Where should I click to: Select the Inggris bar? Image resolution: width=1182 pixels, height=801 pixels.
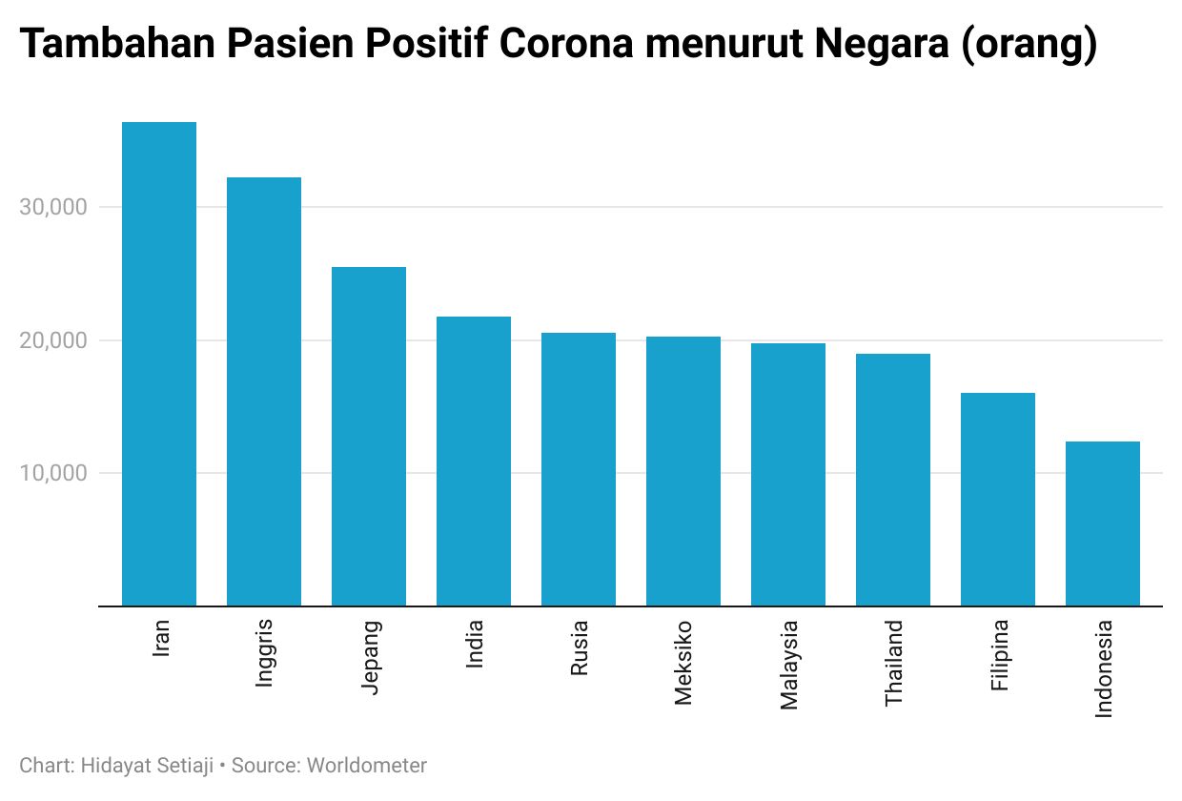tap(264, 392)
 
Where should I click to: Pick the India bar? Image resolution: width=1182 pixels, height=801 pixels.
tap(474, 462)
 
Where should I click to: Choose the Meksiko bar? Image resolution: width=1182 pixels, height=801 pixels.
tap(683, 471)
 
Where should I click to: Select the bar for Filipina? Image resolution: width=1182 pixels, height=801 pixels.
tap(998, 500)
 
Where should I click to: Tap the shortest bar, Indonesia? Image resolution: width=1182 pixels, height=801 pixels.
tap(1103, 524)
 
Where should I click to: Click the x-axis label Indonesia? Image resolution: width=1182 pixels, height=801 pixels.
tap(1104, 668)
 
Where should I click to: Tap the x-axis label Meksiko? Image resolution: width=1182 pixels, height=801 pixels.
tap(683, 663)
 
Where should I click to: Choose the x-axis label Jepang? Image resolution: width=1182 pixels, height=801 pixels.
tap(370, 658)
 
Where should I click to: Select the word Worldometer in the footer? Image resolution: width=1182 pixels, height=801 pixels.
tap(367, 765)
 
